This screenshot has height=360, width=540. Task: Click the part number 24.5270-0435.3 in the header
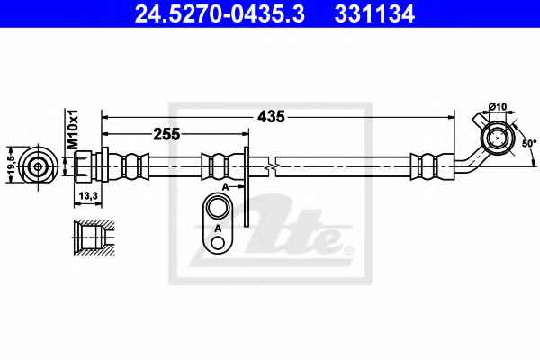tap(220, 14)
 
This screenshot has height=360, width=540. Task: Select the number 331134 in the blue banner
tap(374, 14)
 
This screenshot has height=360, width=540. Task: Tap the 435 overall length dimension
tap(272, 117)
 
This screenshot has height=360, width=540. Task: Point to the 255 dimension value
tap(166, 134)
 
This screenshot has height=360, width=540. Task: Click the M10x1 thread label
tap(73, 130)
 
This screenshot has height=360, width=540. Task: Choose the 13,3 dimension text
tap(88, 195)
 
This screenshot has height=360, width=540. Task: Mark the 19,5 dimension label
tap(11, 165)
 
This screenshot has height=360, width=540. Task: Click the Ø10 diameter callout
tap(498, 107)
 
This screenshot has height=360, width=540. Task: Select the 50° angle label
tap(529, 143)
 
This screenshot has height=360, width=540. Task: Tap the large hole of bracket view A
tap(218, 207)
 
